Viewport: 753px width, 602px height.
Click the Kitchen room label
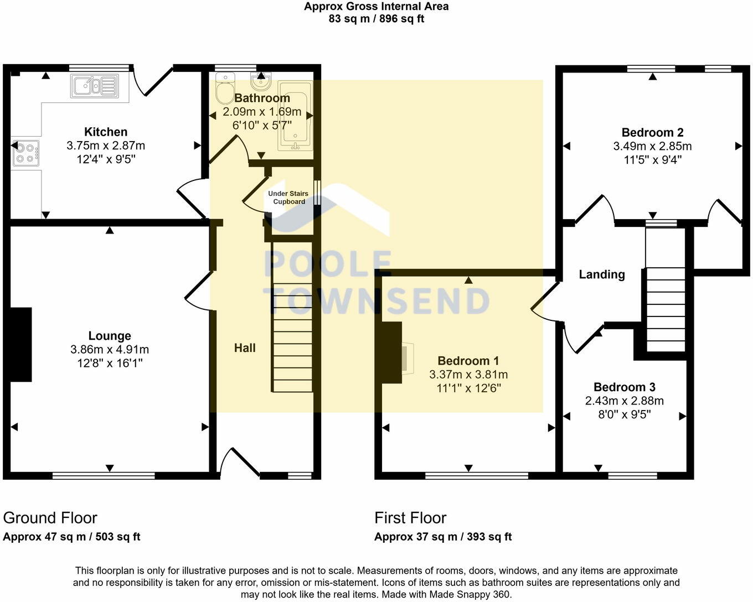click(106, 132)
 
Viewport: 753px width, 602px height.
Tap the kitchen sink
click(95, 86)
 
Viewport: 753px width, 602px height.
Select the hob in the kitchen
click(25, 153)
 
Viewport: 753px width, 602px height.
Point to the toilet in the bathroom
click(225, 89)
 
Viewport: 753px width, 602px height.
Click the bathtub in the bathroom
click(295, 116)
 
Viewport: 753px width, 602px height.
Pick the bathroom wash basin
click(261, 82)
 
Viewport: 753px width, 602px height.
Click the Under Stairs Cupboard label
click(288, 198)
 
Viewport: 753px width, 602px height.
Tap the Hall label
click(245, 347)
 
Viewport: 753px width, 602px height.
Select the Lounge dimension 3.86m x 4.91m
click(110, 349)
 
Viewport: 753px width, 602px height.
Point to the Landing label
click(602, 274)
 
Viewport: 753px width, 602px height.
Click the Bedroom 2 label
click(653, 133)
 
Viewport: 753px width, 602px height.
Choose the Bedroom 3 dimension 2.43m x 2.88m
click(624, 401)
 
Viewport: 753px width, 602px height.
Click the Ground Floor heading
click(50, 518)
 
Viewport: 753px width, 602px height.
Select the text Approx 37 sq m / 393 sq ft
click(443, 537)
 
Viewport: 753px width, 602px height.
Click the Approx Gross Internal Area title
click(376, 6)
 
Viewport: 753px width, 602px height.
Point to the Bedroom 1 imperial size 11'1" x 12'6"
click(468, 388)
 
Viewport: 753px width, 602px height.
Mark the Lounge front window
click(104, 475)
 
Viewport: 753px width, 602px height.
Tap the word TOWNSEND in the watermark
click(376, 301)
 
